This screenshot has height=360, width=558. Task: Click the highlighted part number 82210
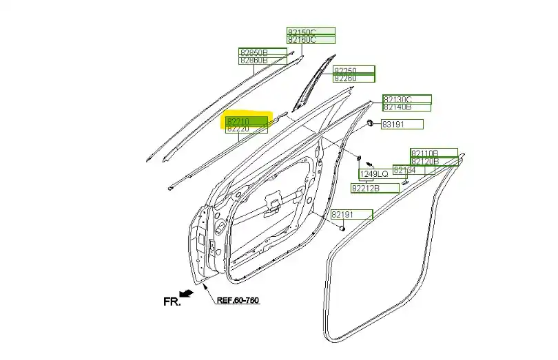pyautogui.click(x=246, y=120)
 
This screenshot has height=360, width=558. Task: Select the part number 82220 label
pyautogui.click(x=246, y=128)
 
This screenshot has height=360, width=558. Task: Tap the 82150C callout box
pyautogui.click(x=311, y=32)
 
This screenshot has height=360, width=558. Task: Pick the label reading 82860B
pyautogui.click(x=262, y=61)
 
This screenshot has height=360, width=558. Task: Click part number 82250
pyautogui.click(x=354, y=70)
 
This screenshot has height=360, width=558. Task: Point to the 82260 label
pyautogui.click(x=354, y=78)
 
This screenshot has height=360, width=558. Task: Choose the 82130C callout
pyautogui.click(x=406, y=99)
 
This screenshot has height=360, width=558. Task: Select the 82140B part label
pyautogui.click(x=406, y=107)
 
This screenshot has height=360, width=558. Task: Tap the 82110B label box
pyautogui.click(x=434, y=153)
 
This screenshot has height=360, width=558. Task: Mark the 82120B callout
pyautogui.click(x=434, y=161)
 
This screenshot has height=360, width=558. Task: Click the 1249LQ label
pyautogui.click(x=374, y=174)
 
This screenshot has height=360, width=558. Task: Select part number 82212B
pyautogui.click(x=375, y=188)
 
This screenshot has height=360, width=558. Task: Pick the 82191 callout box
pyautogui.click(x=351, y=215)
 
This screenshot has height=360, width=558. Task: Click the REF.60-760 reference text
pyautogui.click(x=239, y=300)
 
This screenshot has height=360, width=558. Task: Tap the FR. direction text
pyautogui.click(x=172, y=301)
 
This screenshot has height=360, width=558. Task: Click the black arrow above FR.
pyautogui.click(x=185, y=292)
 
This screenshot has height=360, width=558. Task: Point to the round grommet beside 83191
pyautogui.click(x=370, y=123)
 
